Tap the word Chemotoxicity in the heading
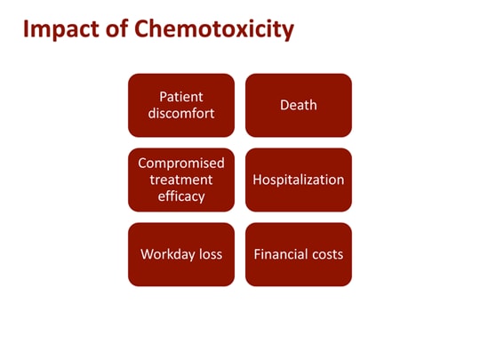(213, 30)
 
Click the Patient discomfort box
(181, 105)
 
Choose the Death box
(299, 105)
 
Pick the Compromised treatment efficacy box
(181, 180)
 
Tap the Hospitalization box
(299, 180)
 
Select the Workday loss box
(181, 254)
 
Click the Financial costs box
(299, 254)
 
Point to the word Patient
(181, 96)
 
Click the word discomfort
(181, 114)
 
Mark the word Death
(299, 105)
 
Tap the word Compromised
(181, 163)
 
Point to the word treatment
(181, 180)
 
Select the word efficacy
(181, 196)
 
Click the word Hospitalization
(299, 180)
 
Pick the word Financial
(280, 254)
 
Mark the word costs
(326, 254)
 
